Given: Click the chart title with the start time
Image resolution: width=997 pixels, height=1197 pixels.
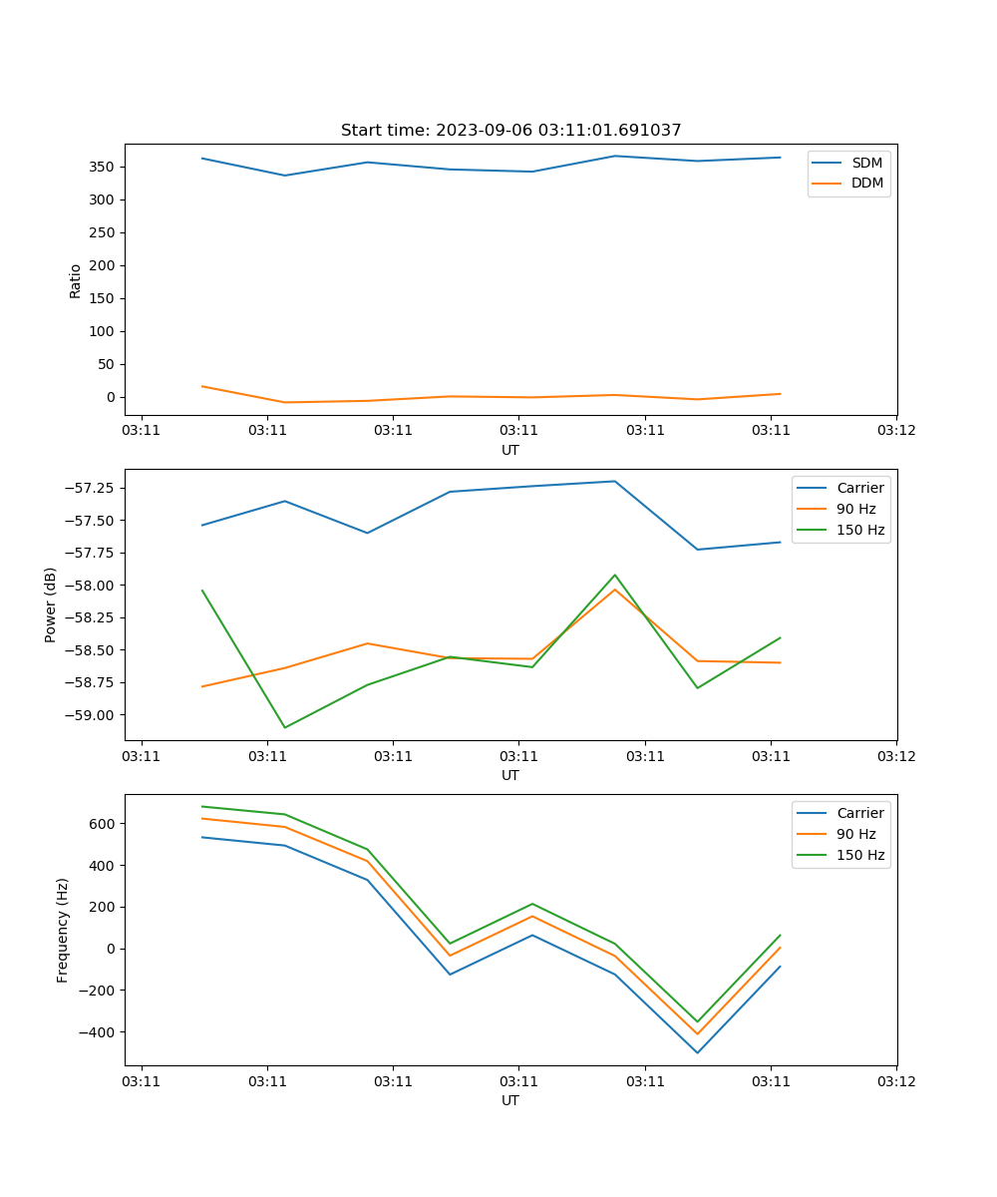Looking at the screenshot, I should (510, 131).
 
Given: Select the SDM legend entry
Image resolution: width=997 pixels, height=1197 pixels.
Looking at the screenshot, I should (866, 163).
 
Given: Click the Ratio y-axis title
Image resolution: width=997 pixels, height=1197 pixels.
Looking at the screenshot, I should (76, 281).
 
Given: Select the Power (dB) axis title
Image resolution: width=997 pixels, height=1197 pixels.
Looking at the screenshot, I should (51, 604).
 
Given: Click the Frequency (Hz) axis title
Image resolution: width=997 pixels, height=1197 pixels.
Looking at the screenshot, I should (63, 930).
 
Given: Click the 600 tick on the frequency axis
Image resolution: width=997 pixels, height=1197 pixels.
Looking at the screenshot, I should (105, 824).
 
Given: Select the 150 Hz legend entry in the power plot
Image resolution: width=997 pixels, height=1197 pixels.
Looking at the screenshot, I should (860, 530).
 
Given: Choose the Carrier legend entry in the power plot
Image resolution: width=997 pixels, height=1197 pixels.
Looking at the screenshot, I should (859, 488).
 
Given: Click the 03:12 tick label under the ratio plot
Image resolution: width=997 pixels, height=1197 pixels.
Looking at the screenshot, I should (896, 431).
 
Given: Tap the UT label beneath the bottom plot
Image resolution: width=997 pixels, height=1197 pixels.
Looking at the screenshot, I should (510, 1100).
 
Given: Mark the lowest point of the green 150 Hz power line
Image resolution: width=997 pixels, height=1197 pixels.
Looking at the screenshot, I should (285, 727).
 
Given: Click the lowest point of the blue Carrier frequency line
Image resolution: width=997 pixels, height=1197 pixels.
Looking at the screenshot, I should (697, 1052).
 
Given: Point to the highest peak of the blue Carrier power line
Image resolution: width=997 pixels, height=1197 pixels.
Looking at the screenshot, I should (614, 481).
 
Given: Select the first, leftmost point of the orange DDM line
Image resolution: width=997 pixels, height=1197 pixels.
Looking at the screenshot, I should (202, 386).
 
